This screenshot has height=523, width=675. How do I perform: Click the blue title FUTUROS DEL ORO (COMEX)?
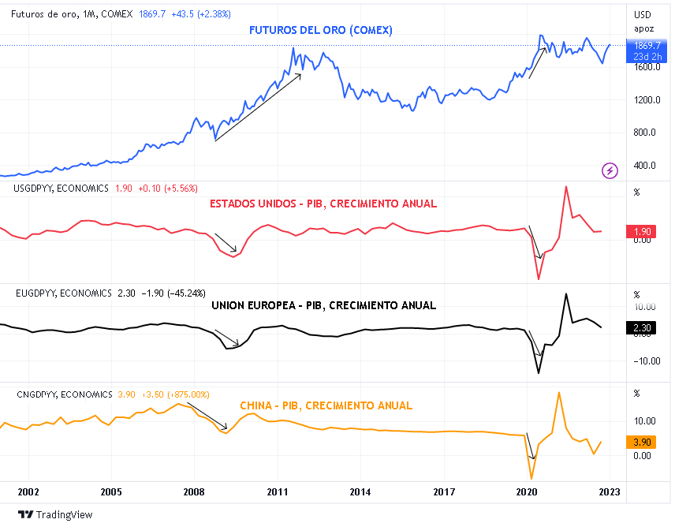click(x=321, y=30)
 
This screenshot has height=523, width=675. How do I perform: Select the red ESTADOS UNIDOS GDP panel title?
click(x=323, y=204)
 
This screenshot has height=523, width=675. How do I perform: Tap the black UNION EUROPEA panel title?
click(x=324, y=305)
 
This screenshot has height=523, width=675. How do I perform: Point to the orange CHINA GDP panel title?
click(x=326, y=405)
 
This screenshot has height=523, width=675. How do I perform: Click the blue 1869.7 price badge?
click(x=647, y=47)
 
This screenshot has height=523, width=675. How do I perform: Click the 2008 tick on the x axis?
click(x=194, y=491)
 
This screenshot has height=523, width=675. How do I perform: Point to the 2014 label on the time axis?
click(x=360, y=491)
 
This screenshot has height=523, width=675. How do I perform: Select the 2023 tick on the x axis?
click(x=610, y=491)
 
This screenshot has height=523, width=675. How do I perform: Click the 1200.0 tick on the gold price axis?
click(x=644, y=100)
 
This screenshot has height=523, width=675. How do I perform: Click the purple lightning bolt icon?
click(x=610, y=170)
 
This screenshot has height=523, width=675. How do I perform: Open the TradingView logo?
click(x=54, y=514)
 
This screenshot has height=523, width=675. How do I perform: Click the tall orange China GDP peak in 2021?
click(x=558, y=392)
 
